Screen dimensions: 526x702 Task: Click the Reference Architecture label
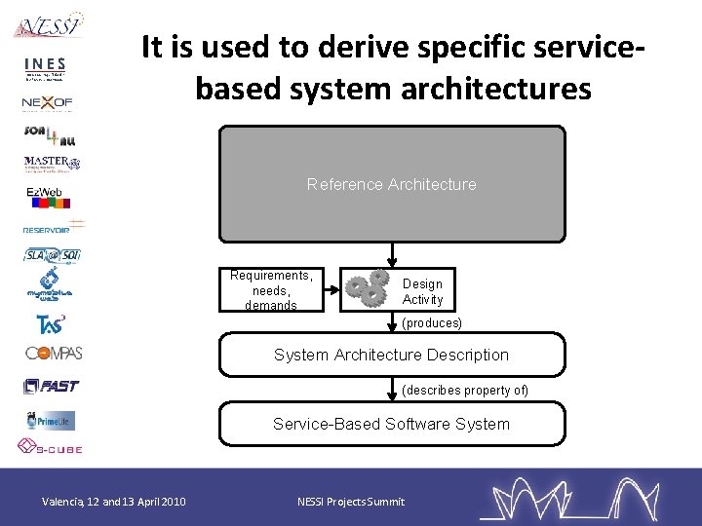pos(391,184)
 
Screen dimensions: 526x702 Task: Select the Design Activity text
pos(422,292)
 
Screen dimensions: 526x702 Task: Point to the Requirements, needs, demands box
pos(271,290)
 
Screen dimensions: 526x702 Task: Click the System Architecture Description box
pos(391,356)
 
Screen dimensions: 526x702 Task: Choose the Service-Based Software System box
pos(391,424)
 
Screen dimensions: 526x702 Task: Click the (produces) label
pos(432,322)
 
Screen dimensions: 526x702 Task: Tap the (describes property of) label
pos(465,391)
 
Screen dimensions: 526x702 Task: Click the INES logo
pos(44,69)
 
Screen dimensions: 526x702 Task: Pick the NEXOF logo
pos(47,102)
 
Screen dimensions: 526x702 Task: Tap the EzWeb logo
pos(46,194)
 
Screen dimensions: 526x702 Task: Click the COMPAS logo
pos(53,353)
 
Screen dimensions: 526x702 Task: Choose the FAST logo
pos(52,387)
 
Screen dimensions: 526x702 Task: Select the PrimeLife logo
pos(51,420)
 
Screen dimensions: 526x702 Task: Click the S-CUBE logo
pos(50,448)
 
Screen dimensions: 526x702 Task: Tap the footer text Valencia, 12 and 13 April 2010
pos(114,502)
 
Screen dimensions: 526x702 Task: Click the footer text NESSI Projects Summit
pos(350,502)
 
